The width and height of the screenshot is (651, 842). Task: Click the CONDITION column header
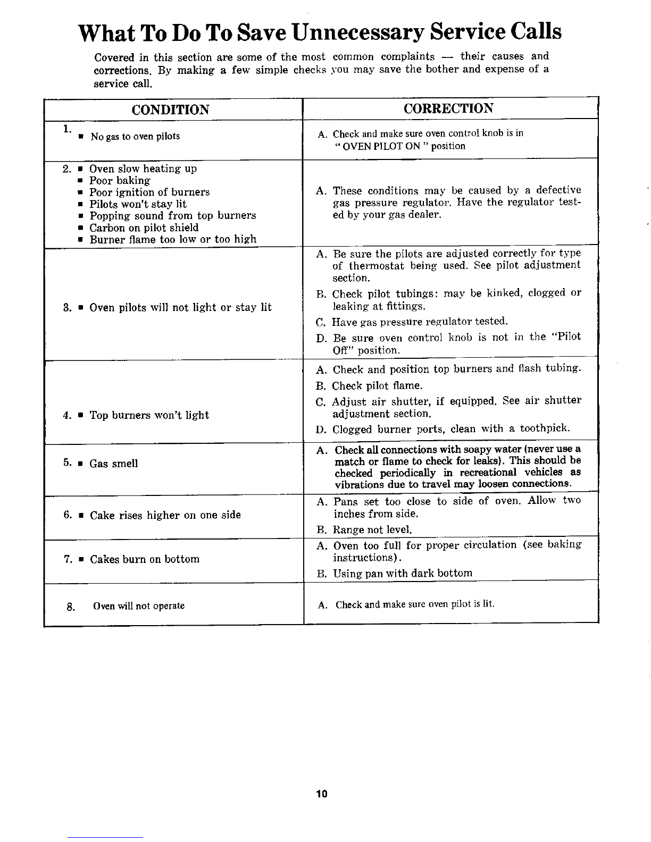coord(170,110)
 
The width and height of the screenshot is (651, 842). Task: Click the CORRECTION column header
coord(448,108)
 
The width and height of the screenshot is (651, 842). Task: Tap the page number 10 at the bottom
coord(321,794)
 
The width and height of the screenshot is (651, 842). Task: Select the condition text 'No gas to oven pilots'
coord(135,137)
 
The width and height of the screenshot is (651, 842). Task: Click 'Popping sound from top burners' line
coord(172,216)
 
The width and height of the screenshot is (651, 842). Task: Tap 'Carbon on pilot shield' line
coord(144,228)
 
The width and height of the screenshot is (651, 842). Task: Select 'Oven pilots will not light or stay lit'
coord(180,307)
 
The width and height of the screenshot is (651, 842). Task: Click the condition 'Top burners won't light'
coord(149,415)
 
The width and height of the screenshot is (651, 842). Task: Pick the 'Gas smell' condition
coord(113,464)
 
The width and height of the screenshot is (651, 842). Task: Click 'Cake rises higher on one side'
coord(165,515)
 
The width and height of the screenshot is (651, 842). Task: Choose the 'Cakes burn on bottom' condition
coord(145,559)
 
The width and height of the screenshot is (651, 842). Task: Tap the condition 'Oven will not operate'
coord(139,606)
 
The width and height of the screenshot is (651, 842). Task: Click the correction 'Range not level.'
coord(372,529)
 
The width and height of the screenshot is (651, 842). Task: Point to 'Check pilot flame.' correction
coord(377,385)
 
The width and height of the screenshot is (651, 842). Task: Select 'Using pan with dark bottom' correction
coord(402,573)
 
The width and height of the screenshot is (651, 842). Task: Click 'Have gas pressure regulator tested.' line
coord(420,322)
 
